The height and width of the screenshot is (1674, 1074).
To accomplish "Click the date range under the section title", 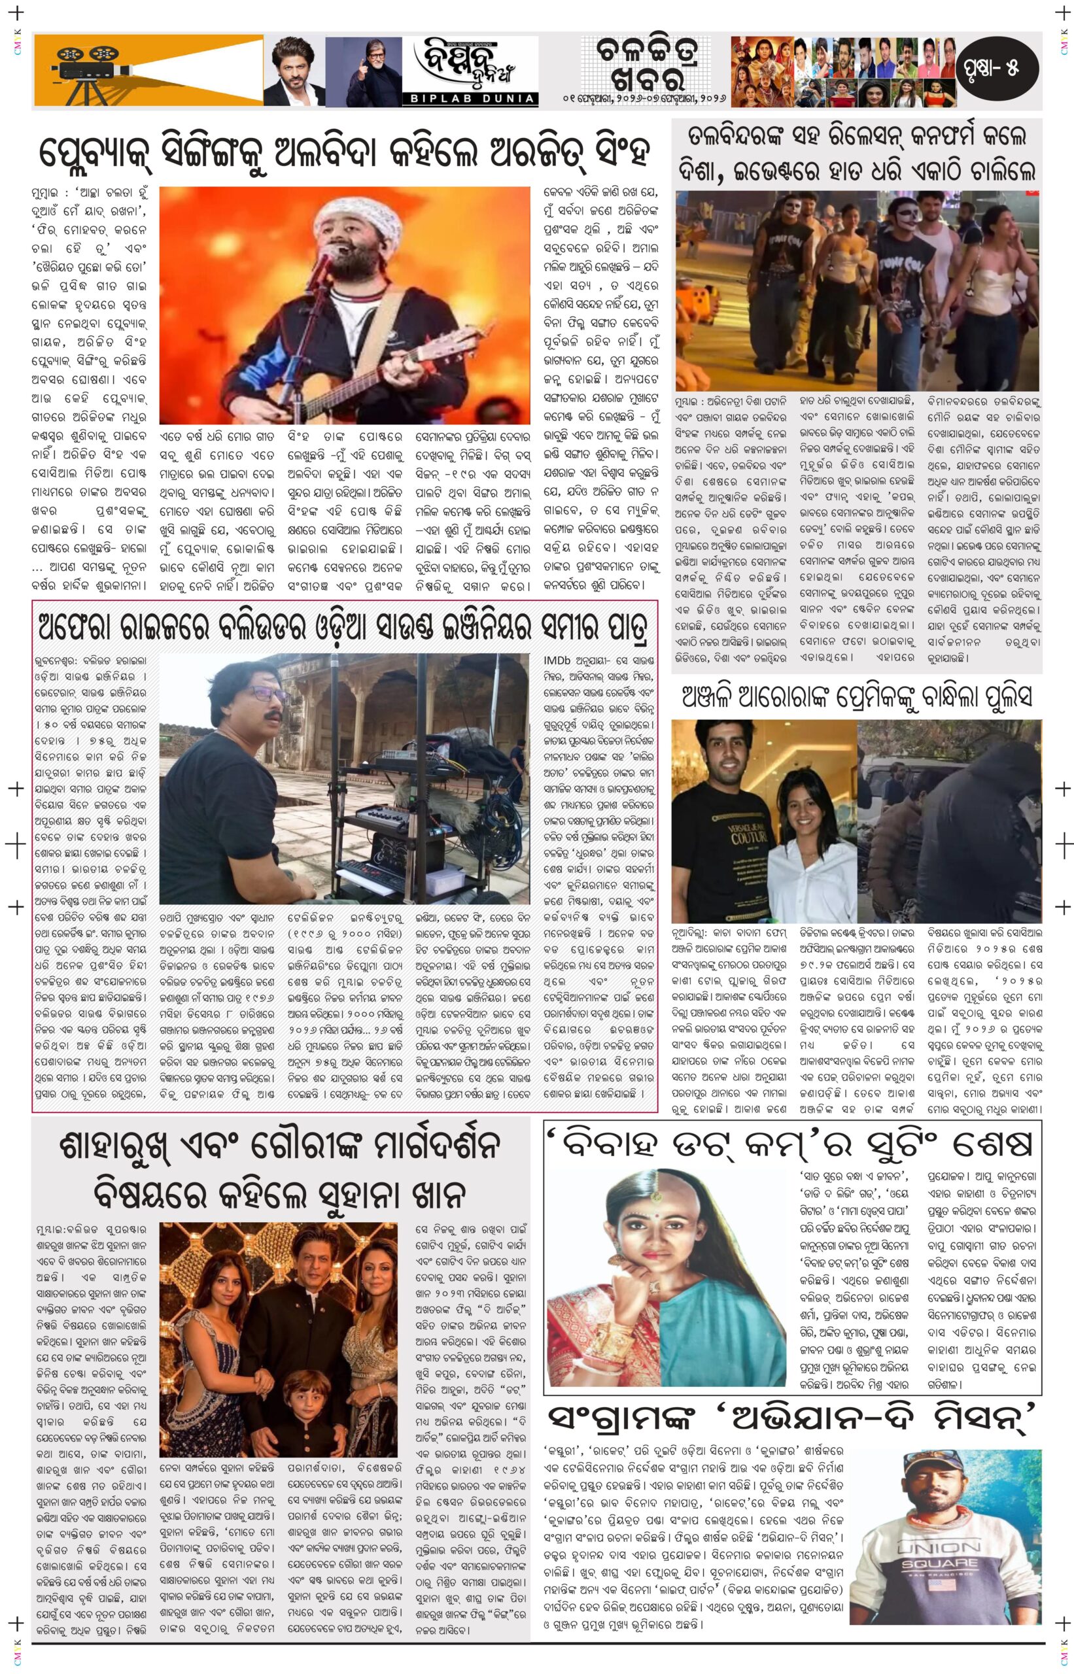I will click(x=644, y=98).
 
